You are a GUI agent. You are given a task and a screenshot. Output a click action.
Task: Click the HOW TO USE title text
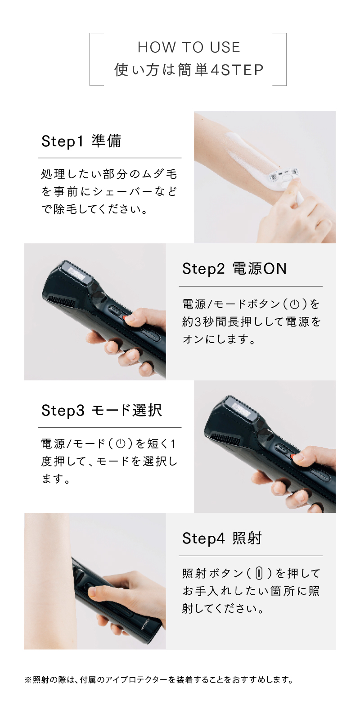(x=189, y=47)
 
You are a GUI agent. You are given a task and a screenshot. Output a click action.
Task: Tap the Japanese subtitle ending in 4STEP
(x=189, y=70)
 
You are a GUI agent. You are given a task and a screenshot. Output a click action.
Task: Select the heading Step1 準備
(x=81, y=141)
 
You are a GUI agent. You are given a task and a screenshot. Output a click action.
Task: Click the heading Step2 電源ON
(x=234, y=269)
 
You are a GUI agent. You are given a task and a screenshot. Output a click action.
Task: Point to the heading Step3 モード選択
(x=102, y=410)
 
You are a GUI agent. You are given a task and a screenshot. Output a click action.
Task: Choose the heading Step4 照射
(x=222, y=538)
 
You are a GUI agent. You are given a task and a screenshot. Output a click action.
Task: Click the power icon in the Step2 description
(x=295, y=304)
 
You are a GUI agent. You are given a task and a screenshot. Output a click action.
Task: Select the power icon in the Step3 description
(x=120, y=444)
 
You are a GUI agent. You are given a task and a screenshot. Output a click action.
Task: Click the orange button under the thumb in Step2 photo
(x=127, y=319)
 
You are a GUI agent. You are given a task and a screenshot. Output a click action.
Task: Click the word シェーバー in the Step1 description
(x=121, y=192)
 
